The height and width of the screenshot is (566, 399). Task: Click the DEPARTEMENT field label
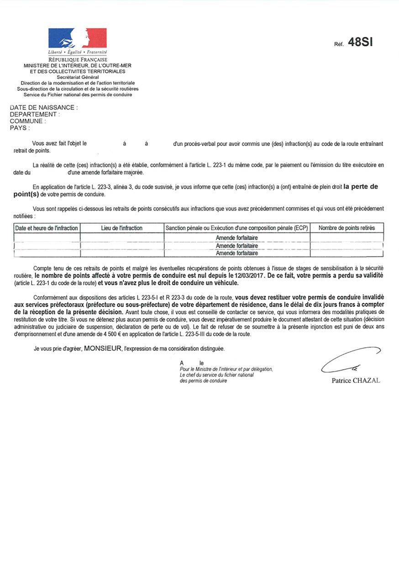pyautogui.click(x=34, y=115)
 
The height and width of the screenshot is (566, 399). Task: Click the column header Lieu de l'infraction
pyautogui.click(x=122, y=228)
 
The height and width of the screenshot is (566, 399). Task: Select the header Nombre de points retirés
pyautogui.click(x=346, y=228)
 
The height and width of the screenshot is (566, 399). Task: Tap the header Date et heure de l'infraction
pyautogui.click(x=47, y=228)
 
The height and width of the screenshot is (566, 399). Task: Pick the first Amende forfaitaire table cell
pyautogui.click(x=237, y=238)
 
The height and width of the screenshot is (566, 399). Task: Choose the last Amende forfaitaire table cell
pyautogui.click(x=237, y=253)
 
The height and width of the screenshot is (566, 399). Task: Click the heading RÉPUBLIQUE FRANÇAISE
pyautogui.click(x=78, y=60)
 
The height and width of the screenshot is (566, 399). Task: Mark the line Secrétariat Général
pyautogui.click(x=78, y=78)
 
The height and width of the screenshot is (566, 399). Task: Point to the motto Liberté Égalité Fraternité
pyautogui.click(x=78, y=53)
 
